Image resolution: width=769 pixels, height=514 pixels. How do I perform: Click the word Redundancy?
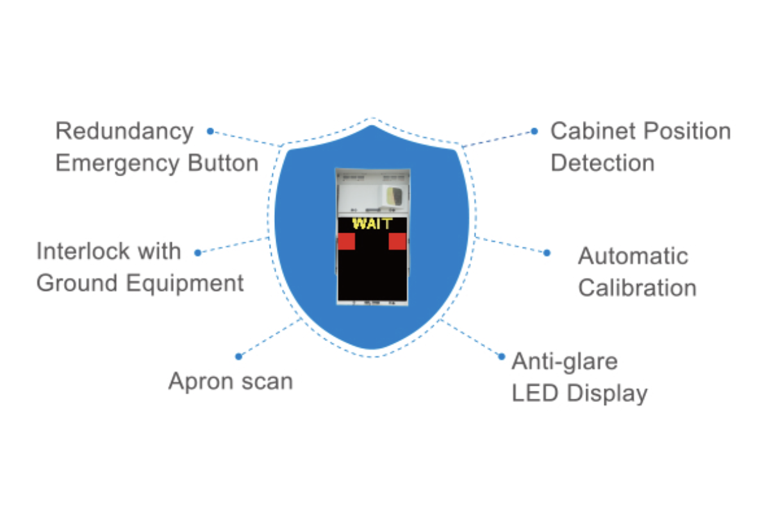click(124, 131)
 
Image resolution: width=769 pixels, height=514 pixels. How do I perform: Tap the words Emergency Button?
click(156, 163)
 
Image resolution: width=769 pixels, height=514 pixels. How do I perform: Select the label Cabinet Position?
click(640, 131)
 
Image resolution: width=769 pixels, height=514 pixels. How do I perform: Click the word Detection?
click(602, 163)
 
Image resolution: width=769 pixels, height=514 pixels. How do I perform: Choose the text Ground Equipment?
click(140, 283)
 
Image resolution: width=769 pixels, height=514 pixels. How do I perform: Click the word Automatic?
click(633, 256)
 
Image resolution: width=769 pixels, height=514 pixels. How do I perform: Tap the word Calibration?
click(637, 288)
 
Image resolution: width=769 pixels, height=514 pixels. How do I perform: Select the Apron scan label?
click(230, 381)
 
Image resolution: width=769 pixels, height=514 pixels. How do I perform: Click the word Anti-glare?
click(565, 361)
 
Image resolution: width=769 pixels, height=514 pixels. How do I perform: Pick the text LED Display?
click(579, 393)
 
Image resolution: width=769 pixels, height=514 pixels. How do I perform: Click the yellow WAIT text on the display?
click(372, 224)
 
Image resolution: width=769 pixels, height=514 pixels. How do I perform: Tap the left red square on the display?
click(347, 241)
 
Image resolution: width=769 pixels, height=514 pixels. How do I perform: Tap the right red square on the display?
click(397, 241)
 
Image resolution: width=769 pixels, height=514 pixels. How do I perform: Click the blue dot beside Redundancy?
click(210, 131)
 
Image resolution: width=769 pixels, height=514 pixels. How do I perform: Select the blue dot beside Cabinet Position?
click(534, 131)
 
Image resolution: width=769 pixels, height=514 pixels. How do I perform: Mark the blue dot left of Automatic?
click(547, 253)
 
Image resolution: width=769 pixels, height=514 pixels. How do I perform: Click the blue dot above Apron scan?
click(238, 356)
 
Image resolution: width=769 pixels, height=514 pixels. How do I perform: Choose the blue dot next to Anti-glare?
click(502, 356)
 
